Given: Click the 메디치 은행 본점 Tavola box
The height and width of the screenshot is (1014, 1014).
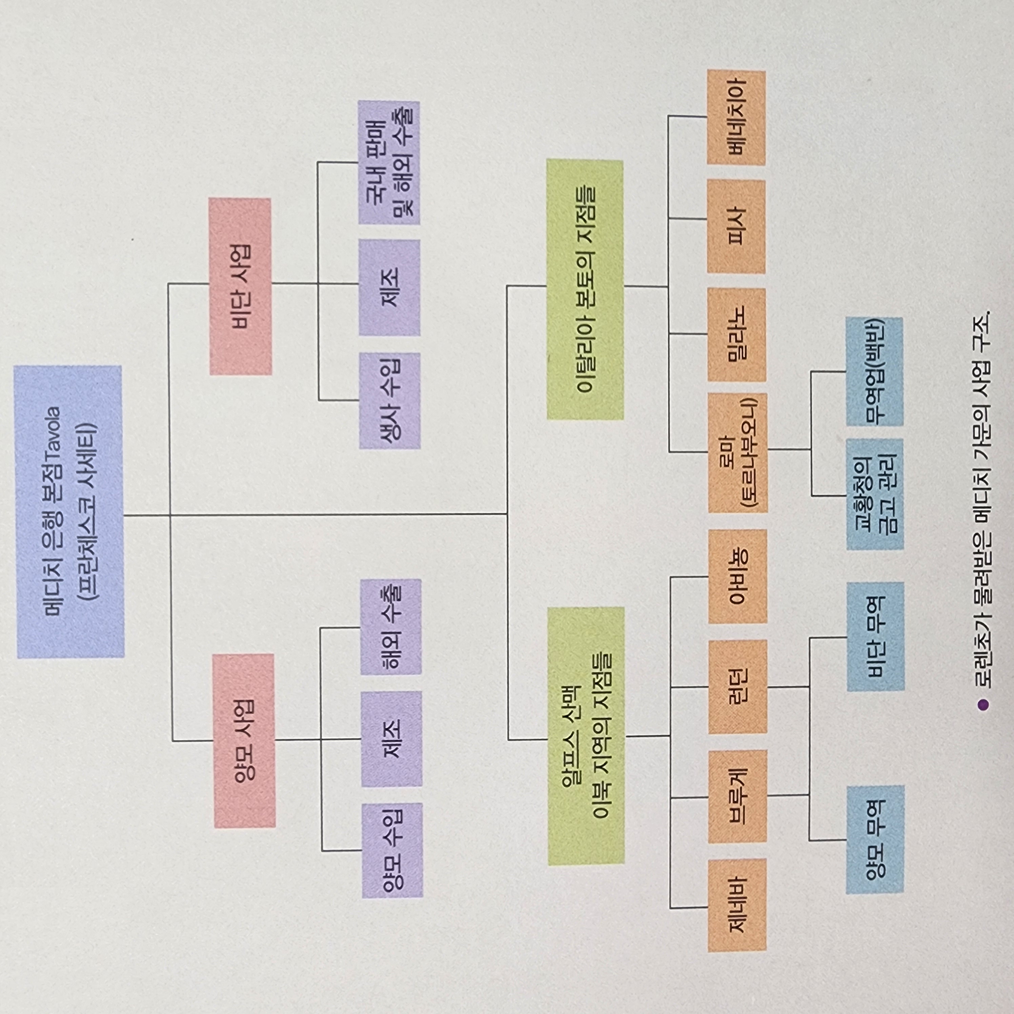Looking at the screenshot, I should (x=70, y=512).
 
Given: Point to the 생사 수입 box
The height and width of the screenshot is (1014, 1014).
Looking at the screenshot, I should (x=389, y=401).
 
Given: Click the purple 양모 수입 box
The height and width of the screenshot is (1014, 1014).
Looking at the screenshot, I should (x=392, y=851).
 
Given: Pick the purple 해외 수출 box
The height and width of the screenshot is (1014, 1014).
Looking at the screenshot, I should (x=391, y=627).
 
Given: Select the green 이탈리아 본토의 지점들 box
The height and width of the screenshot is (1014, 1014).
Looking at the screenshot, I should (x=585, y=289).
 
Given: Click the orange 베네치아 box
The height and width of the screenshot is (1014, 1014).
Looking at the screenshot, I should (x=736, y=118).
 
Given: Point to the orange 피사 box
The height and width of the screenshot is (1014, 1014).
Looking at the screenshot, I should (x=736, y=226).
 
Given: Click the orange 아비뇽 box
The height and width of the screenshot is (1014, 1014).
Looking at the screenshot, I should (x=737, y=576).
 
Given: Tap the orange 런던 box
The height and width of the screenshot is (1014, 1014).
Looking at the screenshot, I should (x=737, y=687).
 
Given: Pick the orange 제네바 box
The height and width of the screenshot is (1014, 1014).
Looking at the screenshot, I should (x=737, y=905).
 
